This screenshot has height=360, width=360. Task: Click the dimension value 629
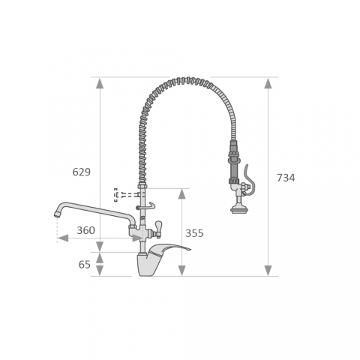point(82,172)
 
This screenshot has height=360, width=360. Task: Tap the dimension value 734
point(286,178)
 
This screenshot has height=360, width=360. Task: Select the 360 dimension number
point(85,230)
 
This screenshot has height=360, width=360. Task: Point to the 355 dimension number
point(194,233)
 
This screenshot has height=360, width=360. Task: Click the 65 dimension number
point(85,265)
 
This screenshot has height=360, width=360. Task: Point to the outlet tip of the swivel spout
point(58,214)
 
